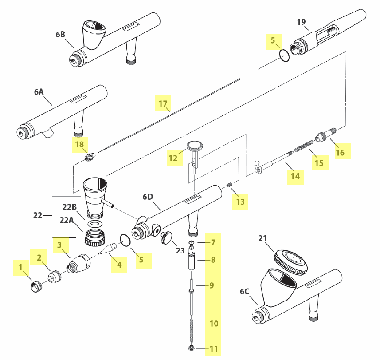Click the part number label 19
click(301, 22)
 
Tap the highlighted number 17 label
click(163, 103)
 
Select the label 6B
click(60, 35)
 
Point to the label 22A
click(67, 220)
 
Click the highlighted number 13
click(240, 202)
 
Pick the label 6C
click(244, 291)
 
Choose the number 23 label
click(180, 250)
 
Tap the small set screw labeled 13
click(230, 185)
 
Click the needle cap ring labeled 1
click(37, 286)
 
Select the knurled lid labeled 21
click(291, 263)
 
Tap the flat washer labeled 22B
click(94, 224)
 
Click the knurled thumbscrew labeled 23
click(166, 238)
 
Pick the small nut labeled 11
click(192, 348)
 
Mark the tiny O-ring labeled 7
click(192, 242)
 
